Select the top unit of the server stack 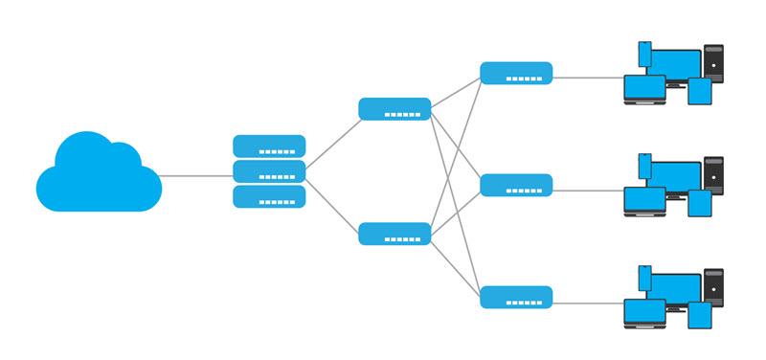tap(269, 146)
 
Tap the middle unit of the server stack tap(269, 171)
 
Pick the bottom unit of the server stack tap(269, 196)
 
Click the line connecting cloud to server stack tap(196, 175)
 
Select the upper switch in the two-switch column tap(394, 109)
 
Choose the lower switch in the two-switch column tap(394, 234)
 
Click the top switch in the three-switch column tap(516, 73)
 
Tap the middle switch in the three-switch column tap(516, 185)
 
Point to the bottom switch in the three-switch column tap(516, 297)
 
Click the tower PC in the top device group tap(713, 62)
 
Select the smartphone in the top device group tap(644, 54)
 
